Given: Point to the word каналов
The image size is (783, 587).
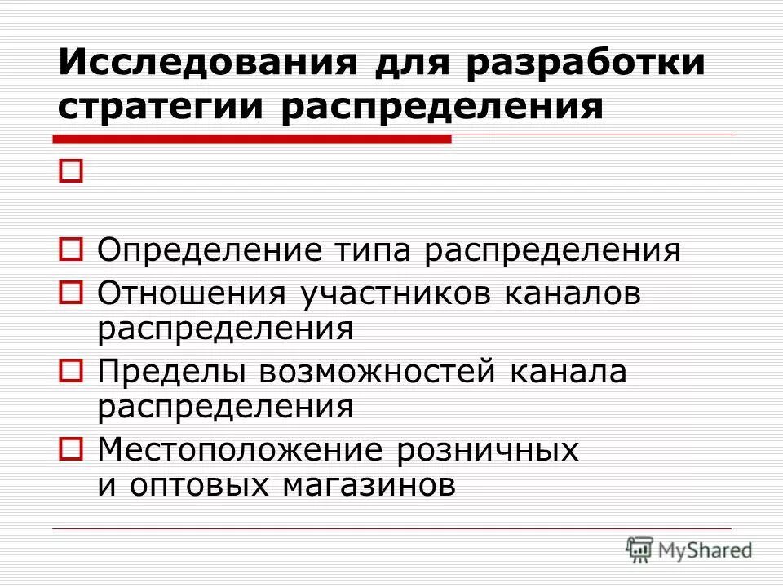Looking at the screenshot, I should [x=573, y=293].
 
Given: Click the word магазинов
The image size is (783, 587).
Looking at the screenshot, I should [x=369, y=487].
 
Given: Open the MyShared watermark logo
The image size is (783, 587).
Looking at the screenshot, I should [x=689, y=549].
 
